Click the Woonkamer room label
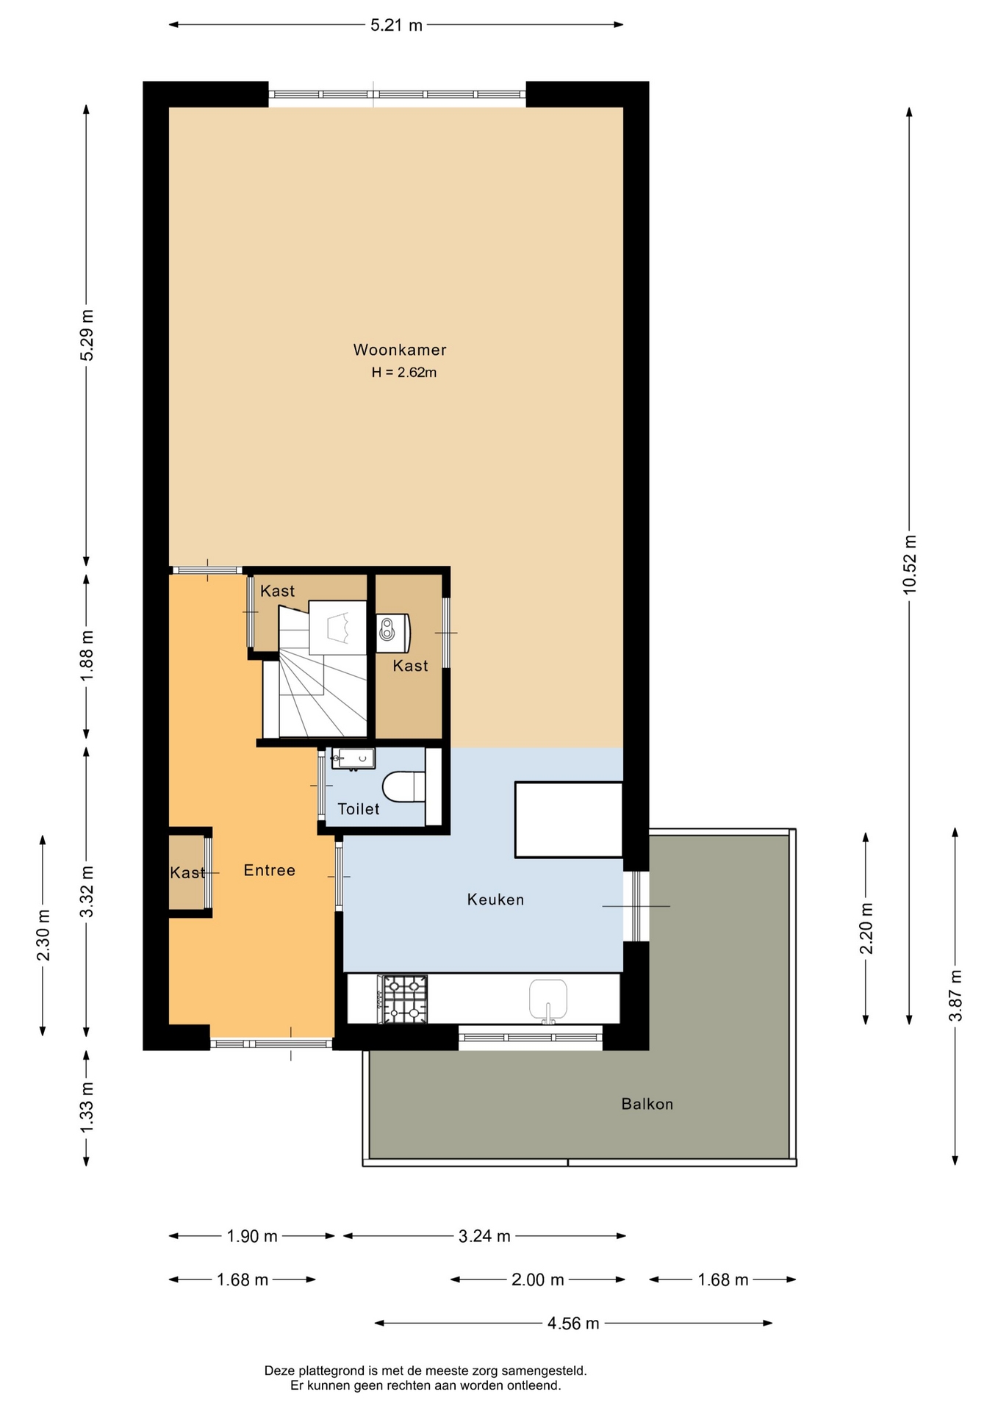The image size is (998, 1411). click(x=400, y=350)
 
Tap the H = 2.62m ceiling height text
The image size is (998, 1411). click(x=403, y=373)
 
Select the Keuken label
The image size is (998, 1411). click(x=495, y=900)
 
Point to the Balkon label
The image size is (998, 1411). click(x=647, y=1104)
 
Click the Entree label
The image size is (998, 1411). click(x=269, y=870)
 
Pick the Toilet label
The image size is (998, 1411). click(x=358, y=809)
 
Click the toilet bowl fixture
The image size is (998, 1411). click(x=403, y=786)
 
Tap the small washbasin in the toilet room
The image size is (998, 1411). click(x=353, y=758)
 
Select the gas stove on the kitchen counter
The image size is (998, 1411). click(x=402, y=999)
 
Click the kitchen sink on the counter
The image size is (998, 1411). click(x=548, y=999)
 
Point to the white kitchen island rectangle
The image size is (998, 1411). click(x=569, y=819)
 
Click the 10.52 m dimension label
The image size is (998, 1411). click(x=910, y=564)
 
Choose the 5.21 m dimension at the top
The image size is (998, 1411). click(x=396, y=25)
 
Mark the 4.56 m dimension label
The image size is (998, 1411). click(x=573, y=1324)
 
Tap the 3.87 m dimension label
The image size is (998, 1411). click(x=955, y=996)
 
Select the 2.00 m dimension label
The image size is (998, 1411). click(x=538, y=1280)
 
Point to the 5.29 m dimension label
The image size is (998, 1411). click(x=87, y=336)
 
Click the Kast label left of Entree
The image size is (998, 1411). click(x=187, y=872)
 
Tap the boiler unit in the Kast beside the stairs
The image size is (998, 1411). click(x=393, y=633)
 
